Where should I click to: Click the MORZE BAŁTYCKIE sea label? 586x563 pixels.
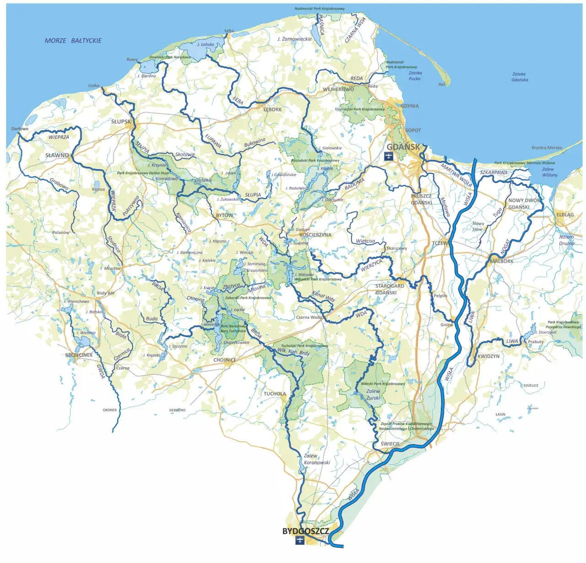coord(73,41)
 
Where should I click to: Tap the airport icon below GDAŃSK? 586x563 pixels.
coord(388,157)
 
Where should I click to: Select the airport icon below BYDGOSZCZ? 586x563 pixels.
coord(300,541)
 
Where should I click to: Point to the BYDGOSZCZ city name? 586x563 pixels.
coord(305,531)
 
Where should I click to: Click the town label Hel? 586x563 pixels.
coord(441,85)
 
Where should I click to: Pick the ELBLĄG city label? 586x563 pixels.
coord(565,215)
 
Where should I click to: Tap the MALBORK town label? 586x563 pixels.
coord(502,261)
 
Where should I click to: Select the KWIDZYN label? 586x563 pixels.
coord(488,356)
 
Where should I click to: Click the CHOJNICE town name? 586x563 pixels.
coord(225,360)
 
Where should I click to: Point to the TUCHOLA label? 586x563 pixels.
coord(275,394)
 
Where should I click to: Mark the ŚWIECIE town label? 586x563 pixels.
coord(390,444)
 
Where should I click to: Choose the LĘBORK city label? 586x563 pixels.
coord(272,110)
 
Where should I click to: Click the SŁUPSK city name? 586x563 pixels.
coord(121,122)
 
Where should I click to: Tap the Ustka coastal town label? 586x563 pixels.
coord(94,86)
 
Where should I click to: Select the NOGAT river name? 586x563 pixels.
coord(505,247)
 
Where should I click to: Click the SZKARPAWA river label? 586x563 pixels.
coord(494,173)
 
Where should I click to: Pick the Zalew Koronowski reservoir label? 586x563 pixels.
coord(316,459)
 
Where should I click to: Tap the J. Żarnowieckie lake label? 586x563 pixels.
coord(294,39)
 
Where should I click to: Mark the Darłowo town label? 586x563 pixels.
coord(20,129)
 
